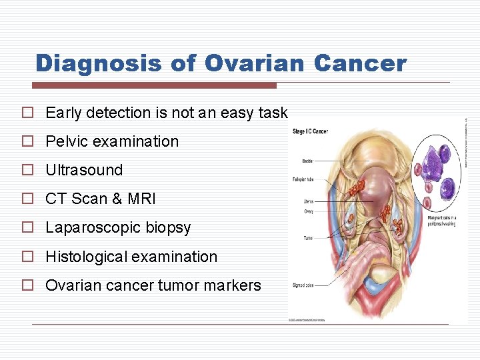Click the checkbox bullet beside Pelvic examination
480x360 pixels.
pyautogui.click(x=27, y=141)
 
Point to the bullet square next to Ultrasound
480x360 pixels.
pyautogui.click(x=27, y=170)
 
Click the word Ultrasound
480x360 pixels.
pyautogui.click(x=84, y=170)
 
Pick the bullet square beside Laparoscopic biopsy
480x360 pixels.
pyautogui.click(x=27, y=227)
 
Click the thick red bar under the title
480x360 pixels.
pyautogui.click(x=154, y=85)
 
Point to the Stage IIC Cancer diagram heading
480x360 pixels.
pyautogui.click(x=310, y=131)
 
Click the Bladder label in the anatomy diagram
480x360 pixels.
pyautogui.click(x=299, y=161)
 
